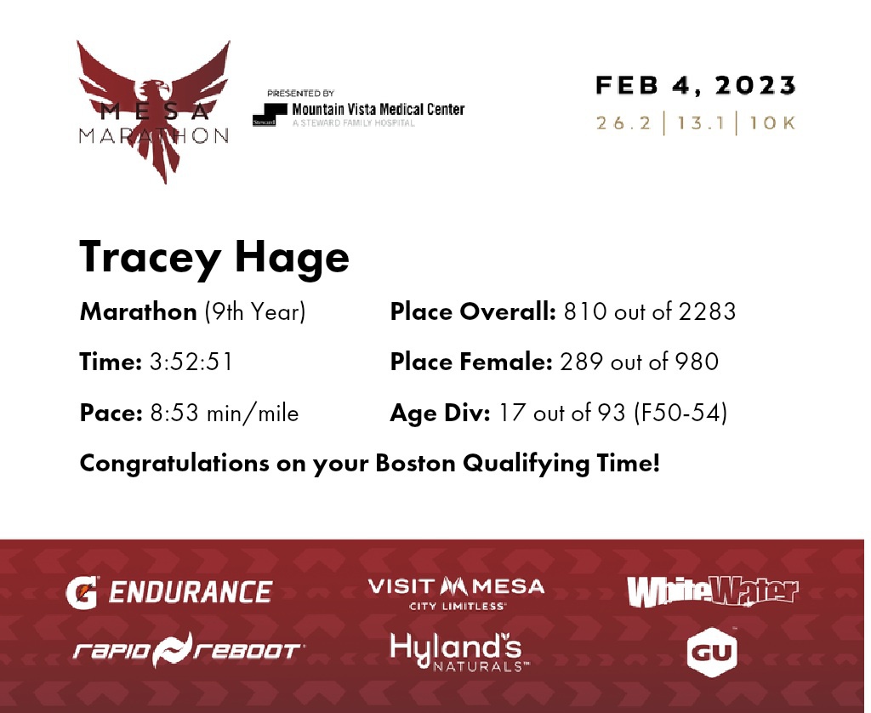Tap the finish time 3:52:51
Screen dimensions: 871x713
pos(191,362)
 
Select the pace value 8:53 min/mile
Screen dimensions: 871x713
pos(225,413)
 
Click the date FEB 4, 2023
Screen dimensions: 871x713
pos(696,86)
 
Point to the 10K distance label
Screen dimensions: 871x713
pos(772,123)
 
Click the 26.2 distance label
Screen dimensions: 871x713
pos(623,123)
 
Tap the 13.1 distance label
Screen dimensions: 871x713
pos(701,123)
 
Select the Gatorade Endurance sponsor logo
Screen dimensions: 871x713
pos(169,592)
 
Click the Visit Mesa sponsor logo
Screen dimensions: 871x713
pos(456,594)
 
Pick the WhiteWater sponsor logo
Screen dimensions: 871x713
pos(713,591)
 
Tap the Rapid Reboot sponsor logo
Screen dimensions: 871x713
pos(188,650)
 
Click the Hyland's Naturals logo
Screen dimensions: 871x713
pos(459,652)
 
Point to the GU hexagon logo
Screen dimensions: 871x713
pos(712,652)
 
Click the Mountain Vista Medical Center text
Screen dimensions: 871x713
pos(379,109)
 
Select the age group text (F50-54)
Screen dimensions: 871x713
pos(680,413)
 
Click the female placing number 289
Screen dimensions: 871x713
pos(581,362)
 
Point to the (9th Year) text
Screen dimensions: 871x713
pos(255,311)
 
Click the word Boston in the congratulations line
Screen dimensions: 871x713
pos(415,463)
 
